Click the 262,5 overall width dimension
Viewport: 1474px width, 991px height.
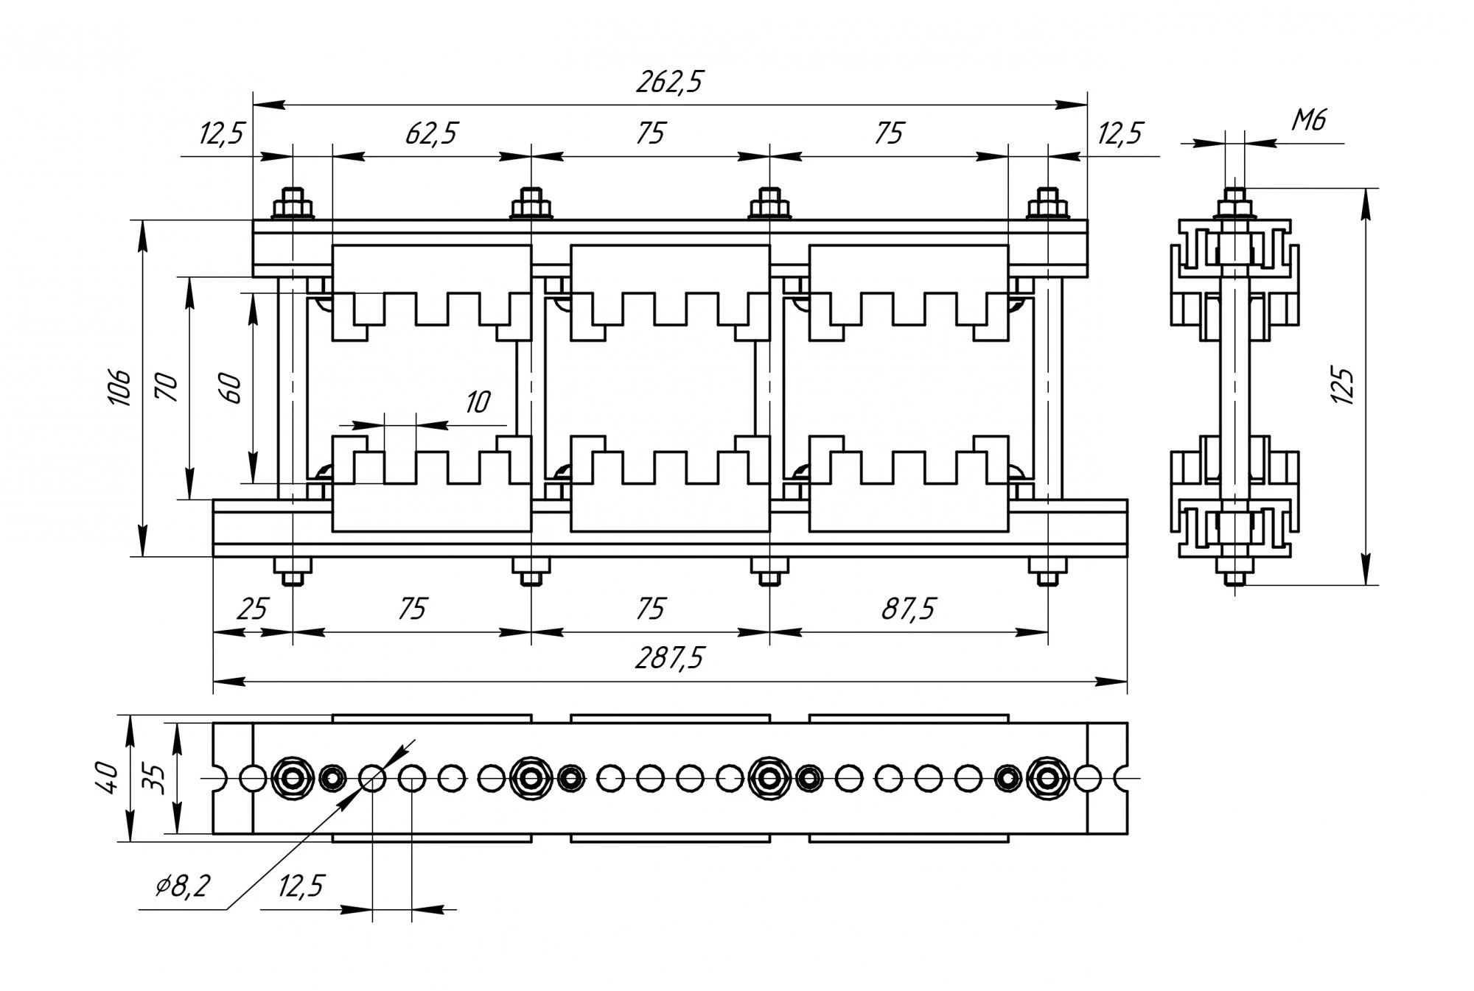pos(669,83)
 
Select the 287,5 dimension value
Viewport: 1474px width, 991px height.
pos(669,657)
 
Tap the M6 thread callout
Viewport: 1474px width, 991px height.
pos(1309,119)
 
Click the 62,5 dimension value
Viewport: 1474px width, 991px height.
pos(431,134)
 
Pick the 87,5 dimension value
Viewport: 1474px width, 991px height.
pos(908,609)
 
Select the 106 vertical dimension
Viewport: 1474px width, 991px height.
pos(120,388)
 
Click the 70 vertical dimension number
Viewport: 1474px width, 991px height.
pos(169,388)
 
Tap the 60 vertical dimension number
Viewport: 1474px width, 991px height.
pos(231,388)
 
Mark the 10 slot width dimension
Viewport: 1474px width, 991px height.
pos(478,402)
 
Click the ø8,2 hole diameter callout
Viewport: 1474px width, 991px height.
pos(183,886)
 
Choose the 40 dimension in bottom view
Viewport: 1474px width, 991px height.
pos(108,778)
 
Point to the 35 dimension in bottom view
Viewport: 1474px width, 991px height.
pos(153,778)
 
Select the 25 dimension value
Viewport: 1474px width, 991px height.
pos(251,609)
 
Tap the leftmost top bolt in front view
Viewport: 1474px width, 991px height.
pos(293,203)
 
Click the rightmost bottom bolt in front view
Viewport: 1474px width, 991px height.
pos(1047,570)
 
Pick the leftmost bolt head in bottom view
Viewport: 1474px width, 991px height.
pos(293,777)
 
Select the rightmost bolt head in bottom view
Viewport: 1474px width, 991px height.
pos(1047,777)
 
